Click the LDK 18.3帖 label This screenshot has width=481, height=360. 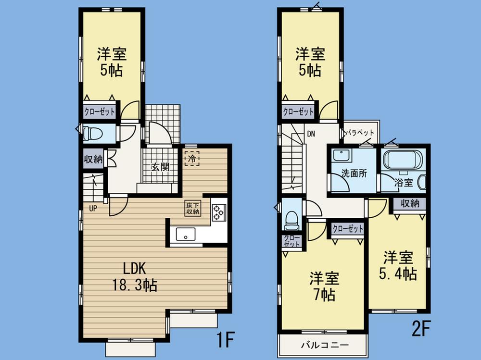point(134,276)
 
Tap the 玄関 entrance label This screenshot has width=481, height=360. point(160,167)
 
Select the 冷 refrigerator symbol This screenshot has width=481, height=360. point(192,157)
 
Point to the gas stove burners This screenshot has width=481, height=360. point(219,212)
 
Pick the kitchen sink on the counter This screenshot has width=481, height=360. point(185,234)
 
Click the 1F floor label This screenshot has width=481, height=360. point(224,340)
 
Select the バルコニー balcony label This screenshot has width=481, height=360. point(321,345)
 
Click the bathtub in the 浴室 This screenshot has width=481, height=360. point(402,160)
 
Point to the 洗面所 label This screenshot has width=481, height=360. point(354,174)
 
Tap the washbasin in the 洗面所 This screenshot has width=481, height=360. point(341,156)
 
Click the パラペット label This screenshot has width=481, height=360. point(361,133)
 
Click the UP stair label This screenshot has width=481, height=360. point(92,208)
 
